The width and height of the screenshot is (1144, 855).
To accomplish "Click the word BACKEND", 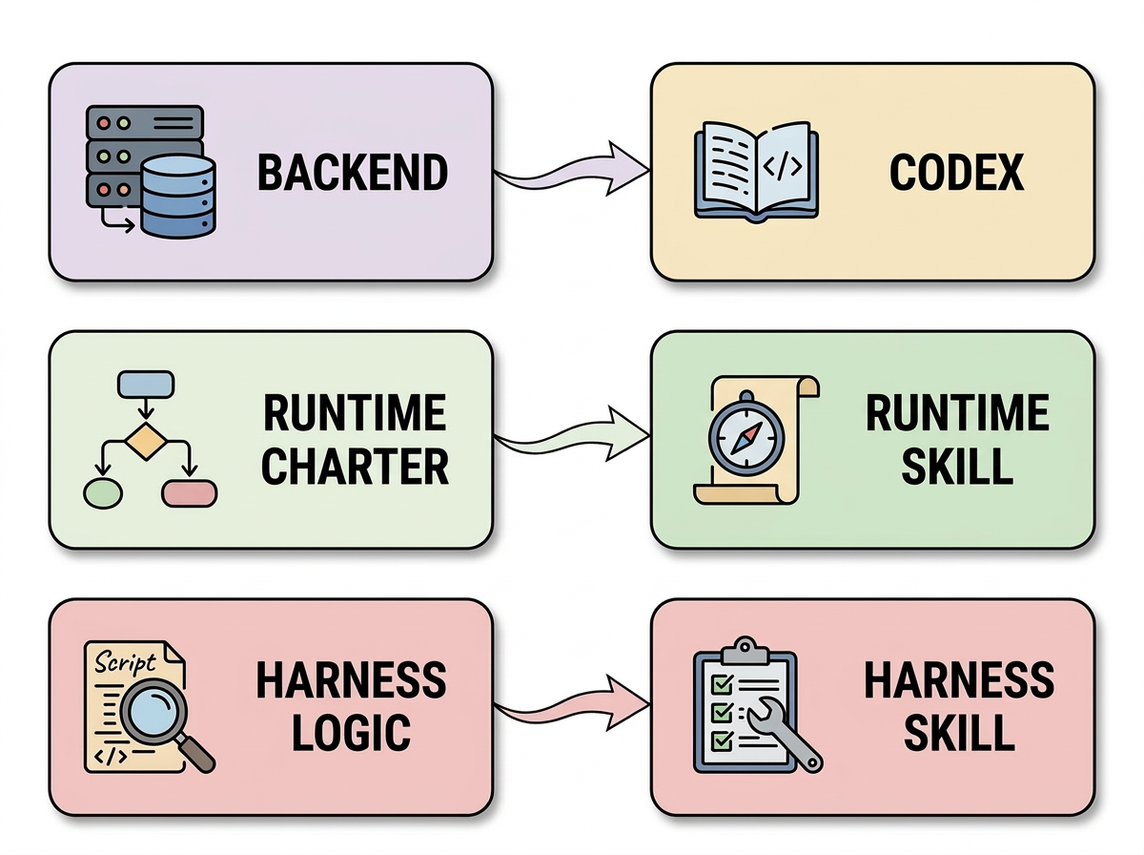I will tap(353, 173).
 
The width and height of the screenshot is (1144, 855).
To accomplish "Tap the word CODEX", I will tap(956, 173).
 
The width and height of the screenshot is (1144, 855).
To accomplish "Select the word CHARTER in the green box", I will tap(356, 467).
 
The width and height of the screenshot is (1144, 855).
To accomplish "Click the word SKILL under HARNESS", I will tap(958, 733).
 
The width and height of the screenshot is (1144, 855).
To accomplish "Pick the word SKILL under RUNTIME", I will tap(958, 467).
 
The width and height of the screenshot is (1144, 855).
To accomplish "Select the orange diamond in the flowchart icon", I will tap(146, 442).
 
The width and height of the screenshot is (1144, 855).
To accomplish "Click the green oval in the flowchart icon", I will tap(104, 492).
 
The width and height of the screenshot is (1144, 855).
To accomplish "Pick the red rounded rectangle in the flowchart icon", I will tap(190, 492).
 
